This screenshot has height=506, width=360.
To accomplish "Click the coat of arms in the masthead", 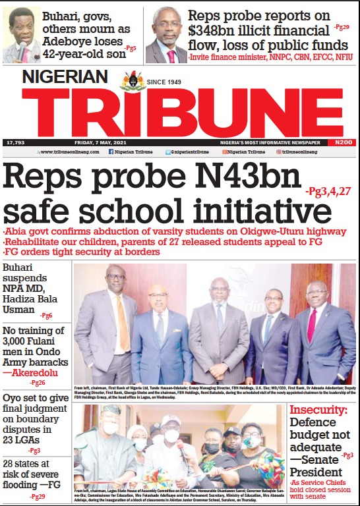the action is tap(133, 82).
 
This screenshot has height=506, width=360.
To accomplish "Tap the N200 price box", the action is tap(342, 142).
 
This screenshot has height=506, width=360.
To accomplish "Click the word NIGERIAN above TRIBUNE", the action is tap(64, 76).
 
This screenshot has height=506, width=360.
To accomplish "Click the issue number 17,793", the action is tap(15, 142).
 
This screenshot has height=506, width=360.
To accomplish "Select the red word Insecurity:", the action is tap(320, 410).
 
